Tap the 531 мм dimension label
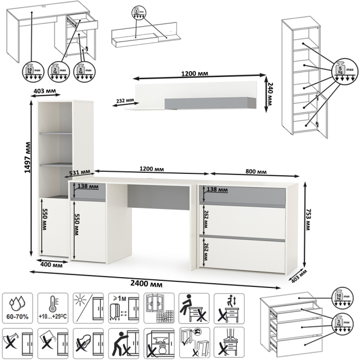point(80,172)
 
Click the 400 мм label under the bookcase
point(51,265)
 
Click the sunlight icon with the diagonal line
point(87,306)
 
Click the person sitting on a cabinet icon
point(193,306)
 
